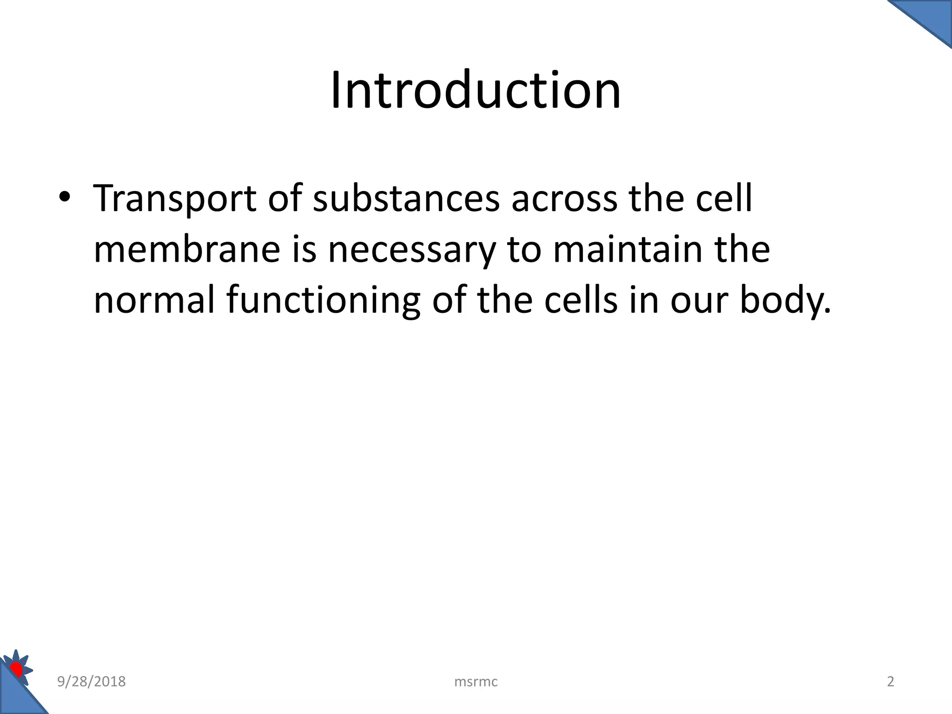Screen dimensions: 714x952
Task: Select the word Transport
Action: pyautogui.click(x=175, y=198)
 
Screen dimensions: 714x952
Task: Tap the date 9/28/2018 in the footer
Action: pyautogui.click(x=91, y=681)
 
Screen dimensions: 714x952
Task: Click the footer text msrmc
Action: pyautogui.click(x=476, y=682)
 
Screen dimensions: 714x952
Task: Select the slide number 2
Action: pyautogui.click(x=890, y=681)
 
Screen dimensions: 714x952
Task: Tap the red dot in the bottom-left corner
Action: pyautogui.click(x=17, y=670)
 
